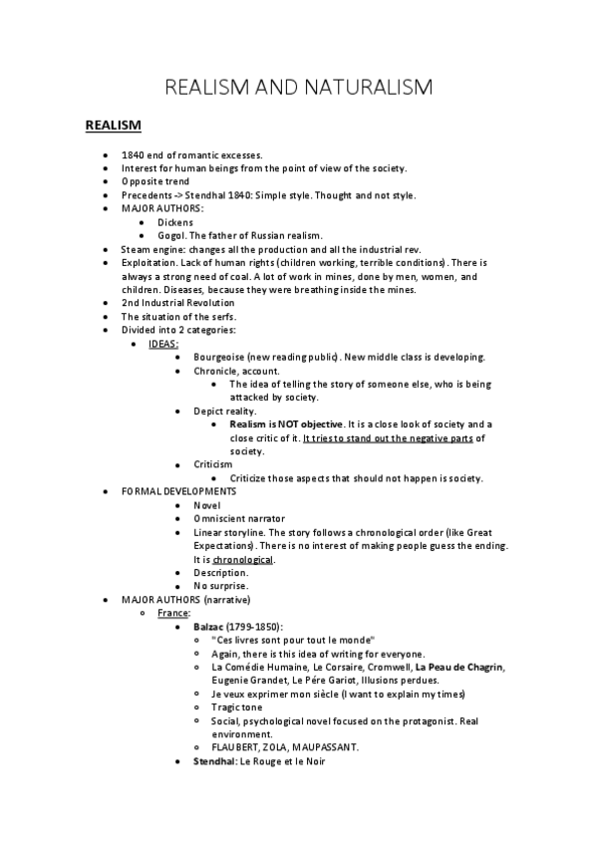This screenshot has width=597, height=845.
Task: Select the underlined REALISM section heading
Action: tap(113, 125)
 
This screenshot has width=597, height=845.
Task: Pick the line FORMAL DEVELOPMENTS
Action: tap(178, 491)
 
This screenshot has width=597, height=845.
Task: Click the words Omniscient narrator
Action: tap(239, 518)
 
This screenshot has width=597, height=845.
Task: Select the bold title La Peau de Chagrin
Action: tap(459, 667)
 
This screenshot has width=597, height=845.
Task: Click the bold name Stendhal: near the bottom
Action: tap(213, 761)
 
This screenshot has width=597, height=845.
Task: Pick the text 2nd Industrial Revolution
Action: tap(177, 302)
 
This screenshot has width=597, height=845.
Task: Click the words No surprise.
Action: tap(221, 586)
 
